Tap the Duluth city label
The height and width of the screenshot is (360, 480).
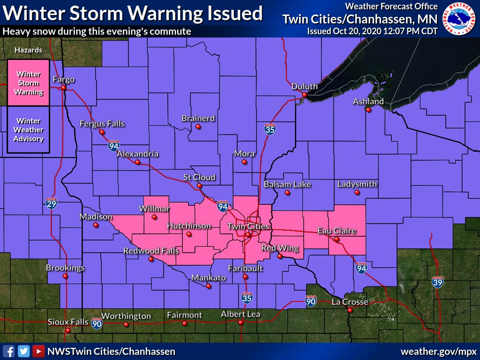pyautogui.click(x=304, y=86)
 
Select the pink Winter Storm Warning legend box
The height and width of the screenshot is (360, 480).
pyautogui.click(x=28, y=82)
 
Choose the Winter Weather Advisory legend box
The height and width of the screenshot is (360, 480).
pyautogui.click(x=28, y=130)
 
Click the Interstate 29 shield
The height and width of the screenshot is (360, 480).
pyautogui.click(x=52, y=203)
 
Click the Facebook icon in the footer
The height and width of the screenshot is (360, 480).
pyautogui.click(x=8, y=351)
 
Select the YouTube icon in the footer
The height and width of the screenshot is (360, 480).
pyautogui.click(x=38, y=351)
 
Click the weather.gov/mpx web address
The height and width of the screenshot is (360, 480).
pyautogui.click(x=438, y=351)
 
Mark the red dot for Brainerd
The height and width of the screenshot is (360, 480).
pyautogui.click(x=198, y=127)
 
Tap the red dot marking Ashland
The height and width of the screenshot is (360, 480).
pyautogui.click(x=369, y=110)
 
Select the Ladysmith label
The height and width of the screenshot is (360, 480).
pyautogui.click(x=357, y=184)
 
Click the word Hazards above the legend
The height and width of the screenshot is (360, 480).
pyautogui.click(x=28, y=50)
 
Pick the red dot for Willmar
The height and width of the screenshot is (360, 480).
pyautogui.click(x=154, y=217)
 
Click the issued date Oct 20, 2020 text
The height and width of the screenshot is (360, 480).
pyautogui.click(x=372, y=31)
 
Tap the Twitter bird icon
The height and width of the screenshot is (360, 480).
pyautogui.click(x=23, y=351)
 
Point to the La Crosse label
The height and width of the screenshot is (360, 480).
pyautogui.click(x=350, y=302)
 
